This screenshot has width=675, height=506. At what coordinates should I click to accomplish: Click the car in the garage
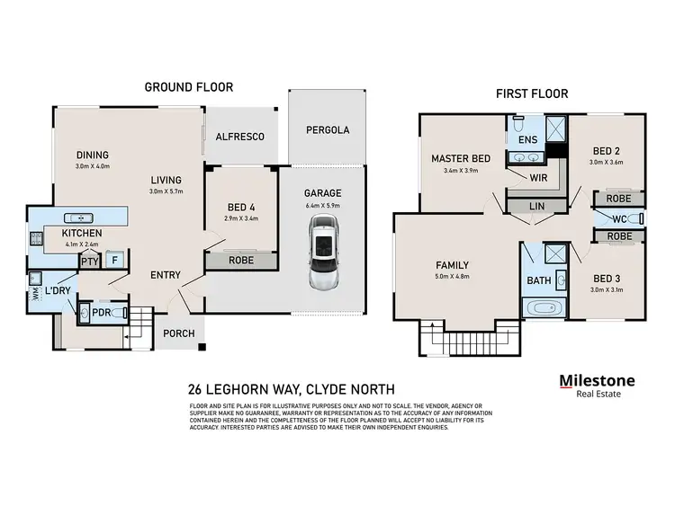321,258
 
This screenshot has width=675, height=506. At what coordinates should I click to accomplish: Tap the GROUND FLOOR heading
189,87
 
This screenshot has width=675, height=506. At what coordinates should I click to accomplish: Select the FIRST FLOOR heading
531,93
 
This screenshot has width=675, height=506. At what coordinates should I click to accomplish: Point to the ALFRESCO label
240,137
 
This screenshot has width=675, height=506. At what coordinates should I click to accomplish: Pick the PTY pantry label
89,262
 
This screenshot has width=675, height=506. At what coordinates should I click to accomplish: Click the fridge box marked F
113,262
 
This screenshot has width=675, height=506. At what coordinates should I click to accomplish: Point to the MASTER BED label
460,159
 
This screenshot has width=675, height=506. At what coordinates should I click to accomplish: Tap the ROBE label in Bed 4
240,261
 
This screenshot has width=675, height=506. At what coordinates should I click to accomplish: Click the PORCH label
179,334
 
